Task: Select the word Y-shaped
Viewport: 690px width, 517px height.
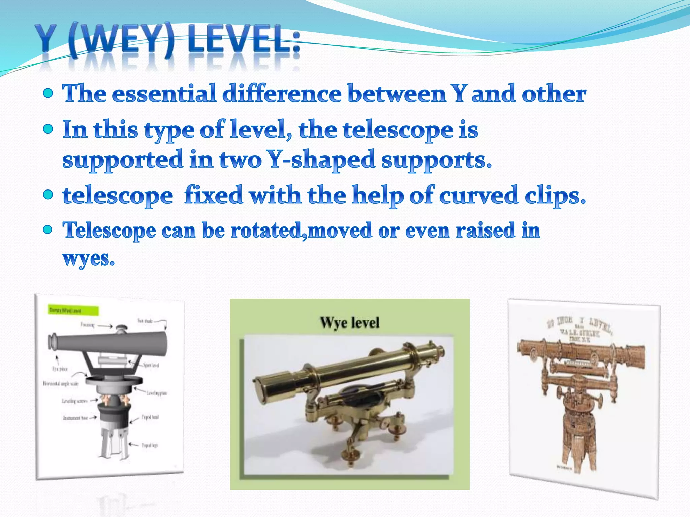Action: coord(321,160)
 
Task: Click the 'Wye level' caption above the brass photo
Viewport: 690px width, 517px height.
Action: coord(350,322)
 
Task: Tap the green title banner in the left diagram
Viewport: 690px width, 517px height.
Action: coord(73,310)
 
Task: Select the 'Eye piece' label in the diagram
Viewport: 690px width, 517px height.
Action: coord(60,369)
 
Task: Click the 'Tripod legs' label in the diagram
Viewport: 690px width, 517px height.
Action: coord(150,445)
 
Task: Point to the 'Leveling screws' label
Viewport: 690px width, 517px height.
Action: coord(75,401)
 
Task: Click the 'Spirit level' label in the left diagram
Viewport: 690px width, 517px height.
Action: coord(151,365)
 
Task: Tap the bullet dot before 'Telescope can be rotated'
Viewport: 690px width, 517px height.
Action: coord(49,230)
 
